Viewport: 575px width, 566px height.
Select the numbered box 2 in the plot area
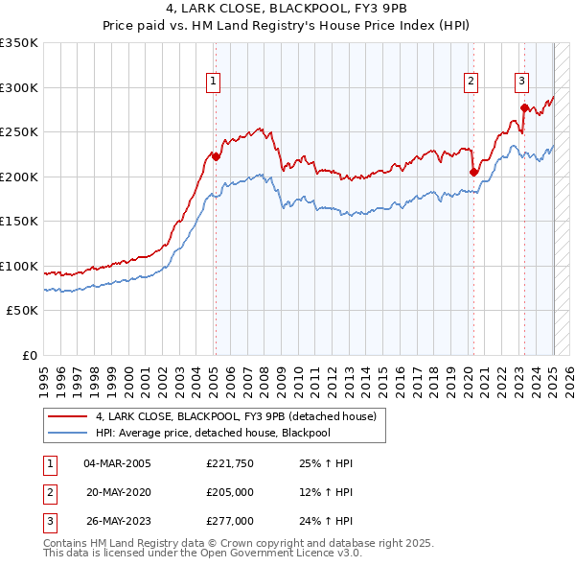[x=471, y=82]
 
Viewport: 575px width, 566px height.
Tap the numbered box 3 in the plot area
[x=522, y=82]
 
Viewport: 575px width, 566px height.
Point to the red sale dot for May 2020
[x=473, y=172]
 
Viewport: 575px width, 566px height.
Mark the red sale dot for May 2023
[x=524, y=107]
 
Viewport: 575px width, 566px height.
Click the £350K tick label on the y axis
[x=18, y=43]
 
